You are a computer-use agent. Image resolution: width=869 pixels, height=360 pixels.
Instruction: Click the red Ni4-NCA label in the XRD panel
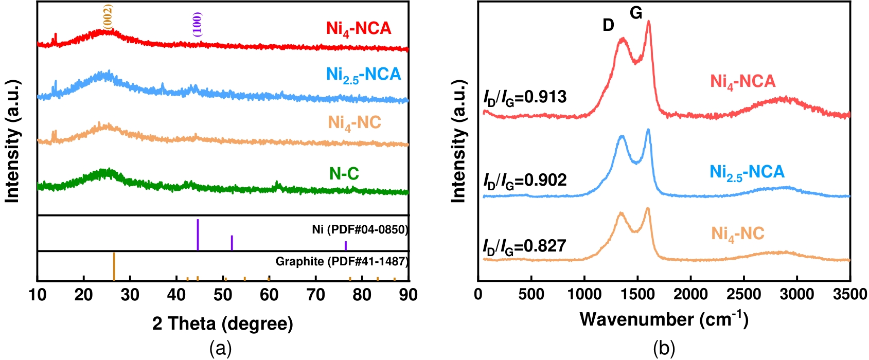tap(359, 28)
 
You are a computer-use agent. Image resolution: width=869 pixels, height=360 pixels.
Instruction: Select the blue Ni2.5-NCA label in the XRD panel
tap(363, 75)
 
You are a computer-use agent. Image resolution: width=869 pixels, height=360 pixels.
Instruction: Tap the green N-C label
tap(344, 174)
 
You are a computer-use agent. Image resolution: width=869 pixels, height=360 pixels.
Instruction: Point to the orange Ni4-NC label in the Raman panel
tap(737, 234)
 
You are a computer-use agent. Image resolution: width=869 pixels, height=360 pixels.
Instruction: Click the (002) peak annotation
tap(108, 15)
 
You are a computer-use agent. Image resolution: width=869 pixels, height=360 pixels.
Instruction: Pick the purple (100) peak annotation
tap(198, 24)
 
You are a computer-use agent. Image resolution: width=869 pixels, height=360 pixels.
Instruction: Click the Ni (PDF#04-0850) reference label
tap(360, 229)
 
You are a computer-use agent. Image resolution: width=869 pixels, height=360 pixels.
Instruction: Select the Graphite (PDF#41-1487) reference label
tap(342, 261)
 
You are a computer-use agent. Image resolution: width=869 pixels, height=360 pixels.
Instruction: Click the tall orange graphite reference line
tap(114, 266)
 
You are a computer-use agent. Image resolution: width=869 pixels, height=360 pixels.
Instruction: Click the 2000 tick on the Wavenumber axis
tap(690, 295)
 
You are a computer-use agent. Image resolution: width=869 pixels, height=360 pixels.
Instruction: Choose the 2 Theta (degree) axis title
tap(222, 323)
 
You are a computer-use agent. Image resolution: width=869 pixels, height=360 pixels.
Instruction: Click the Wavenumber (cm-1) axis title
tap(664, 319)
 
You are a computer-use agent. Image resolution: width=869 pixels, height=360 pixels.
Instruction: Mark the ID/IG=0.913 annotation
tap(525, 97)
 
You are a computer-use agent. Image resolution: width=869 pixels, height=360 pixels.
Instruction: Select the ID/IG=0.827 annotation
tap(524, 246)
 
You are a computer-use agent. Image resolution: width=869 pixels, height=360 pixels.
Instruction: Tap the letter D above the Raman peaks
tap(608, 25)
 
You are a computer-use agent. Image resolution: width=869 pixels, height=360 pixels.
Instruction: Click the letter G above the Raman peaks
tap(636, 13)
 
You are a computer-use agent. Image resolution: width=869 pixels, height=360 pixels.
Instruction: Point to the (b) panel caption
tap(664, 349)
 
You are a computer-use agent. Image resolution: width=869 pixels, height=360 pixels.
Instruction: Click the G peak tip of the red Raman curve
tap(648, 22)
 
